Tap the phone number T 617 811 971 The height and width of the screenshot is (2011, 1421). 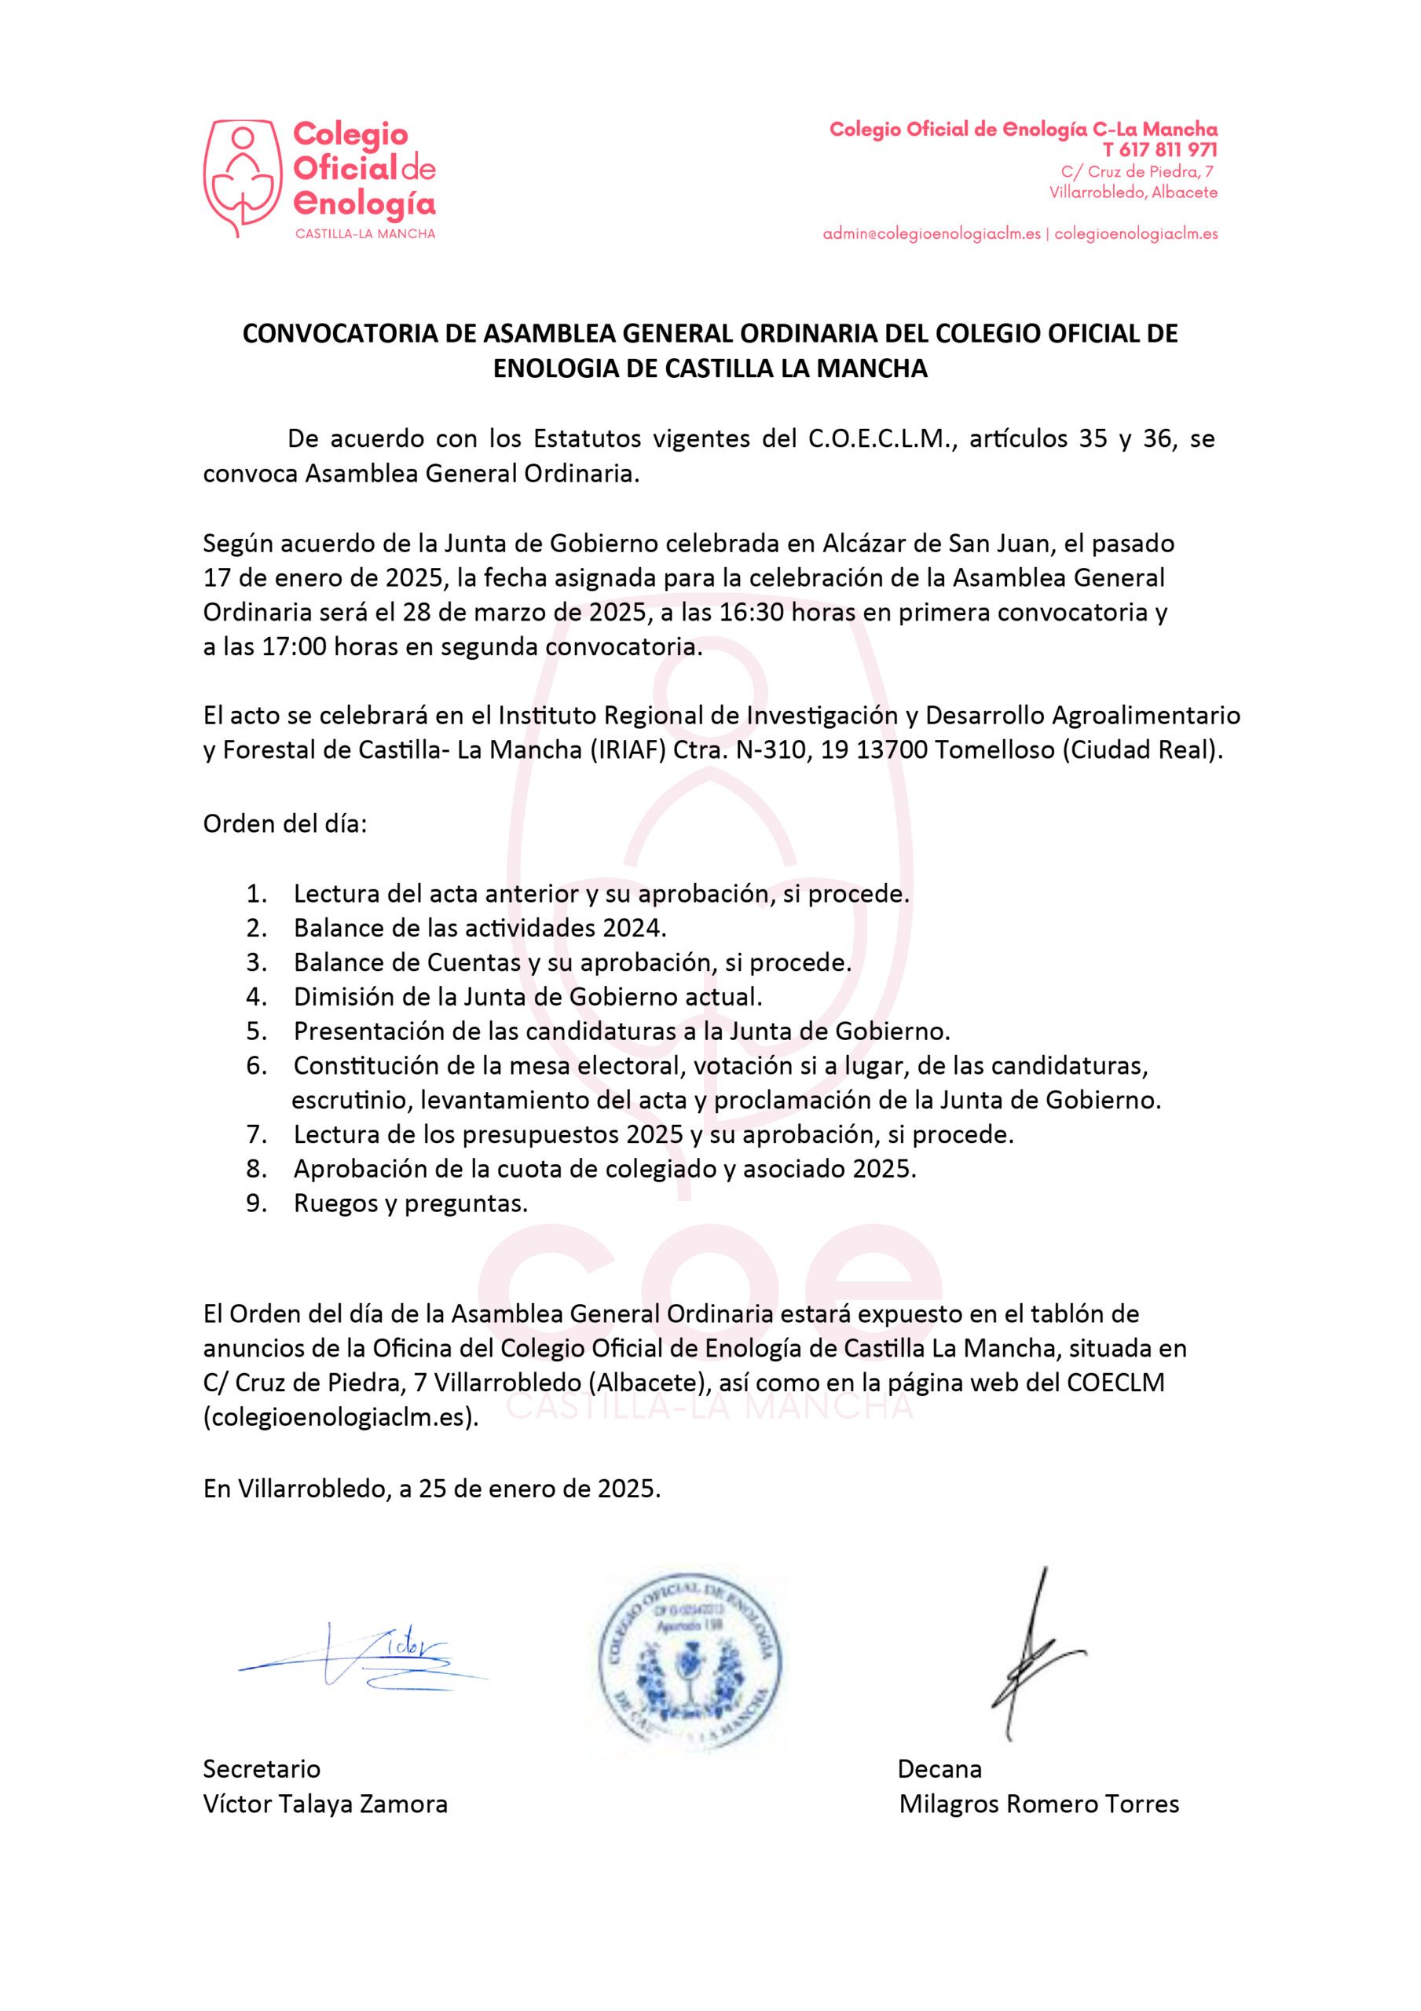1160,150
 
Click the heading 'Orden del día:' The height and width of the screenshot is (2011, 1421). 284,824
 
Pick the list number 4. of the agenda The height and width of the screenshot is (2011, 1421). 256,997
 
